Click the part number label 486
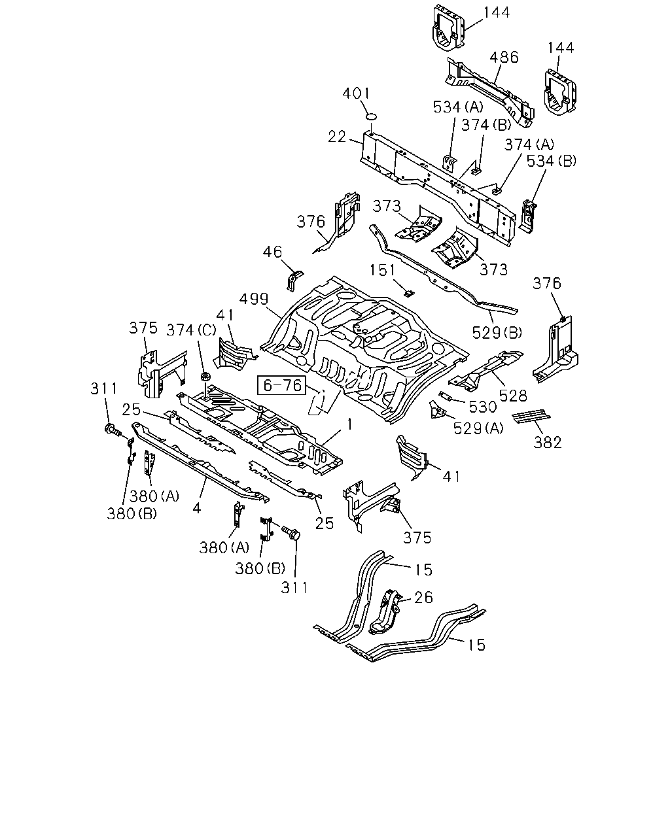(x=504, y=58)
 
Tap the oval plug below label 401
(x=372, y=116)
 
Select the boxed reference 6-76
(x=282, y=385)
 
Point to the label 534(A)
(x=458, y=107)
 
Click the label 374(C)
(x=191, y=330)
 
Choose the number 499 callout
(x=254, y=299)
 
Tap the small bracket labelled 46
(x=294, y=280)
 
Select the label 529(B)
(x=497, y=333)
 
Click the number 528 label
(x=513, y=396)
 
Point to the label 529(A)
(x=478, y=428)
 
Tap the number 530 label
(x=483, y=407)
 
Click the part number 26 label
(x=423, y=598)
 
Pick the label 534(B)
(x=552, y=161)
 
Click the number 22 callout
(x=337, y=137)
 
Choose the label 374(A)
(x=529, y=145)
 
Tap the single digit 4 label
(x=196, y=508)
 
